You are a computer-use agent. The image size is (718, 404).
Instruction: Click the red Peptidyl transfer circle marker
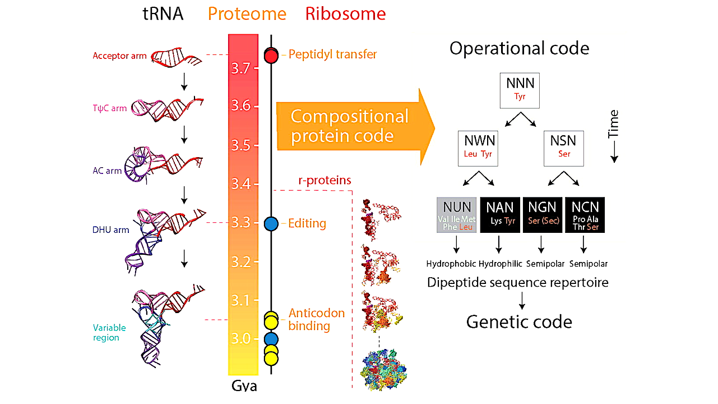pyautogui.click(x=271, y=55)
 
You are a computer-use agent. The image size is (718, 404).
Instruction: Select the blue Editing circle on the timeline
pyautogui.click(x=271, y=223)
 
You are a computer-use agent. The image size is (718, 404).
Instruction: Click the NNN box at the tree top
pyautogui.click(x=520, y=90)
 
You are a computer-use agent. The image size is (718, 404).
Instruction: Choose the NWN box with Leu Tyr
pyautogui.click(x=478, y=148)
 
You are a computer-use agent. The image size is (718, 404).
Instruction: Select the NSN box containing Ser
pyautogui.click(x=564, y=148)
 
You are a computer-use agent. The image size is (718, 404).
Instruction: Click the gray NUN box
pyautogui.click(x=457, y=214)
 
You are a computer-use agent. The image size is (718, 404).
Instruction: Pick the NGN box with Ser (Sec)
pyautogui.click(x=542, y=214)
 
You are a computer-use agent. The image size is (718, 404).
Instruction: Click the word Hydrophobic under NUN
pyautogui.click(x=451, y=263)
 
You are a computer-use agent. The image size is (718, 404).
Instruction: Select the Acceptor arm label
pyautogui.click(x=120, y=56)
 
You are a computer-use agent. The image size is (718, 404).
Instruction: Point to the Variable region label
pyautogui.click(x=110, y=333)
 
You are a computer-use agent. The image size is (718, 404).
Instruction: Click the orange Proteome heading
pyautogui.click(x=247, y=14)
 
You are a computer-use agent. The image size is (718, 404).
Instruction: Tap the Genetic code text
pyautogui.click(x=519, y=322)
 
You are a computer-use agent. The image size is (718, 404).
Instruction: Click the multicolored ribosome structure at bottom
pyautogui.click(x=383, y=368)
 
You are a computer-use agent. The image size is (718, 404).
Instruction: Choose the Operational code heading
pyautogui.click(x=519, y=48)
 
